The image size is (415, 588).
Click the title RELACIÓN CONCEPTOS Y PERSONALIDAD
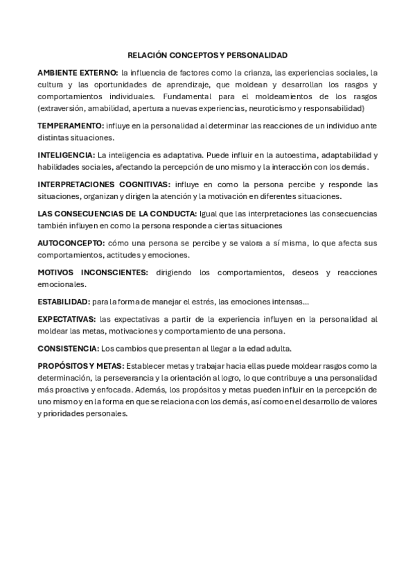(x=208, y=54)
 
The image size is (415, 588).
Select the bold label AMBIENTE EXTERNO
(x=77, y=72)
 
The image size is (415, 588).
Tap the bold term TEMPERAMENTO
(x=71, y=126)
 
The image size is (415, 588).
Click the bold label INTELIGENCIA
(x=67, y=155)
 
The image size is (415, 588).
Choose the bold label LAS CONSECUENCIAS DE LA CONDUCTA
(x=117, y=214)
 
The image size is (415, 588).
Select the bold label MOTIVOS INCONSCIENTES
(x=93, y=273)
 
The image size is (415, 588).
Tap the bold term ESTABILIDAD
(x=64, y=302)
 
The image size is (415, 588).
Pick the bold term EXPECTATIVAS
(x=67, y=319)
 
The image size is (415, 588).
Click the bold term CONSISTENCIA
(x=68, y=349)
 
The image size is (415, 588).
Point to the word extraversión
(x=63, y=109)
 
